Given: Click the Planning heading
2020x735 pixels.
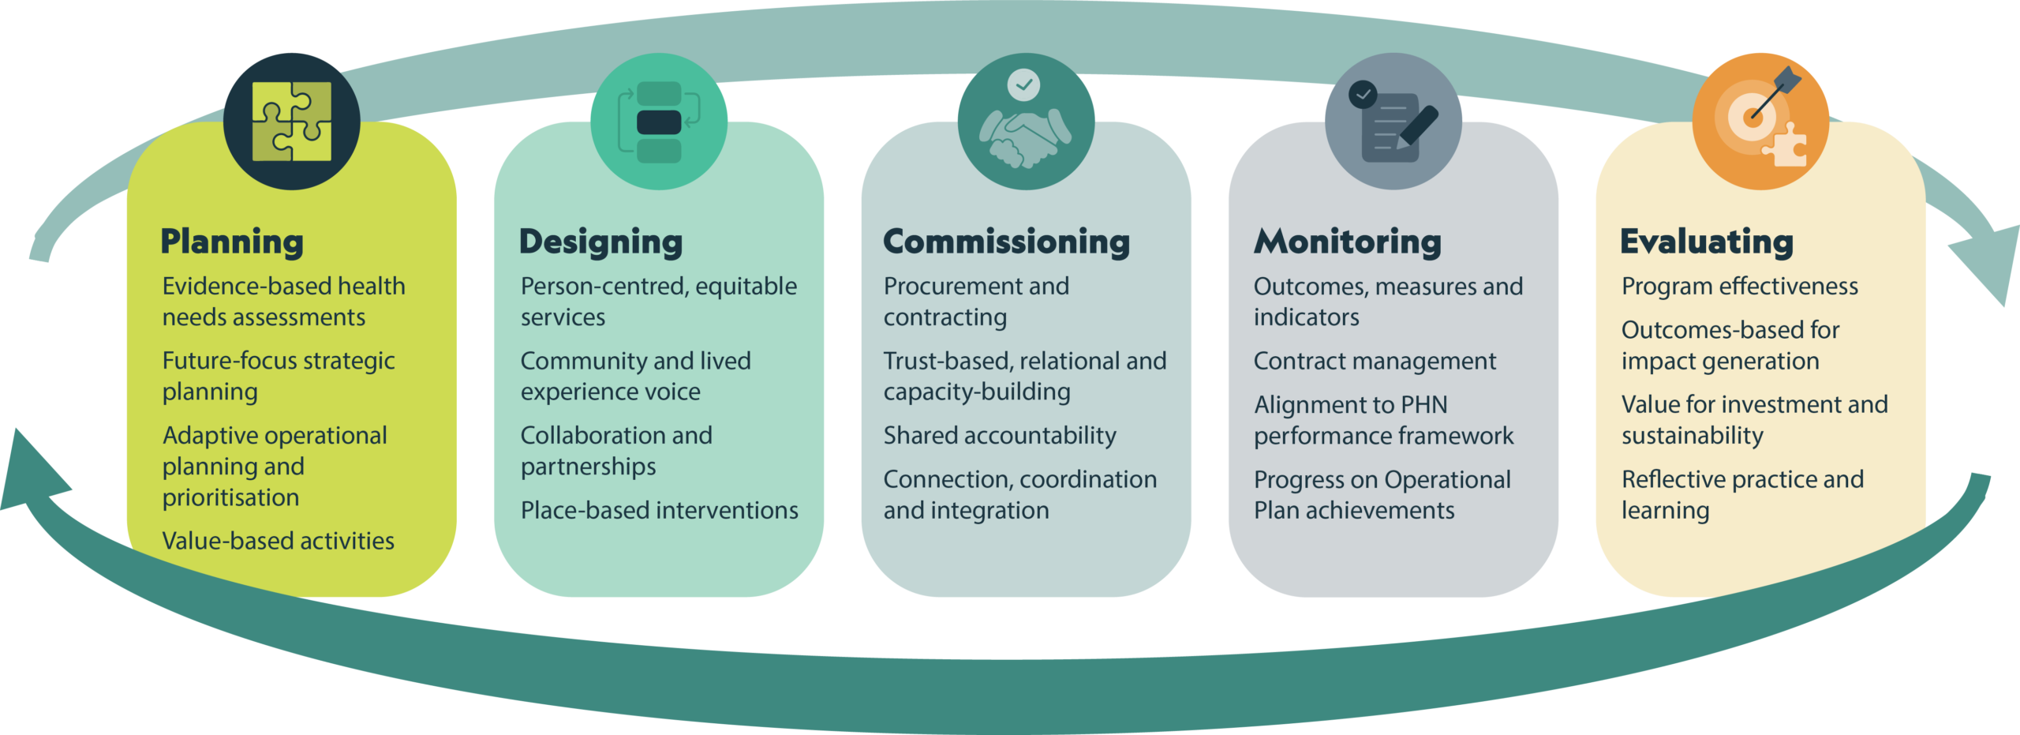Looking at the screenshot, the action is (232, 242).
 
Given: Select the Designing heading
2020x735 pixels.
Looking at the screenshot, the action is (600, 242).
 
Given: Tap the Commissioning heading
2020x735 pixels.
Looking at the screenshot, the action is (1006, 242).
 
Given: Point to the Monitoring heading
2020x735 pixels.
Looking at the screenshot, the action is (1348, 242).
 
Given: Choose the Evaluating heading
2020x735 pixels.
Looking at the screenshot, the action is (1707, 242).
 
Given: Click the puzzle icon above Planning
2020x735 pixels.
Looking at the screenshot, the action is (292, 122).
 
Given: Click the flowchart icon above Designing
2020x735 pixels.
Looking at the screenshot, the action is (659, 122).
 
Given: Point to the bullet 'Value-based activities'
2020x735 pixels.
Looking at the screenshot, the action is (278, 541).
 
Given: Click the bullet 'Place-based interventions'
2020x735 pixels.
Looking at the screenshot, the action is (660, 510).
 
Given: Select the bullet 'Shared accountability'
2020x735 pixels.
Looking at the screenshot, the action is (1000, 436).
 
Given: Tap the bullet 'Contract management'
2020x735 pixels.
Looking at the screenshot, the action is (1375, 361).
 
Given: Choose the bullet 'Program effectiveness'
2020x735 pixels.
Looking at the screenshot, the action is (1740, 287).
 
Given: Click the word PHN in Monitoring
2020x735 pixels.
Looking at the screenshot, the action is (1423, 405).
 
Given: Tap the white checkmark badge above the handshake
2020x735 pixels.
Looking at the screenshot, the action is (1023, 84).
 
